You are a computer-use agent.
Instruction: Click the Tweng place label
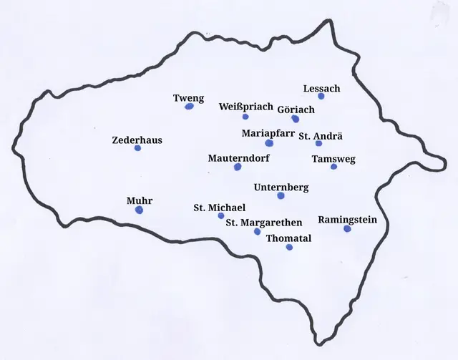(x=189, y=98)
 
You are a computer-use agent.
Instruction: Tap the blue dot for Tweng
(x=189, y=107)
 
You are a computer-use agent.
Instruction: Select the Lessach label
(x=321, y=88)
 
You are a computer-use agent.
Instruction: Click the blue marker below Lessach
(x=321, y=96)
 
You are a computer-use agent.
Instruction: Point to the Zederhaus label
(x=137, y=140)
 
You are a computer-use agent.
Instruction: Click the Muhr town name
(x=140, y=201)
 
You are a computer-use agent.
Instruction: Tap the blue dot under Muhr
(x=139, y=210)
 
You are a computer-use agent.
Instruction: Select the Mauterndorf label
(x=239, y=157)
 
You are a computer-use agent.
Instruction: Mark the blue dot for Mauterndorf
(x=238, y=167)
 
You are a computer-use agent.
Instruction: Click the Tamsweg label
(x=333, y=159)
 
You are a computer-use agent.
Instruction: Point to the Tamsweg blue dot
(x=333, y=167)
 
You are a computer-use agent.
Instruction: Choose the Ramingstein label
(x=347, y=220)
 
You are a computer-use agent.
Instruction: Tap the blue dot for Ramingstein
(x=347, y=229)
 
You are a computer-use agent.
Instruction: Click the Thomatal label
(x=288, y=238)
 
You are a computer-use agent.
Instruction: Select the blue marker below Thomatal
(x=289, y=247)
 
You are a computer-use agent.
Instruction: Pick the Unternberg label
(x=281, y=188)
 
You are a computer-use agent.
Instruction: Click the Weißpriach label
(x=246, y=107)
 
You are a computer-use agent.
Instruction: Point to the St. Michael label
(x=219, y=208)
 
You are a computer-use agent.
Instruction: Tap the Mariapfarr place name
(x=268, y=133)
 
